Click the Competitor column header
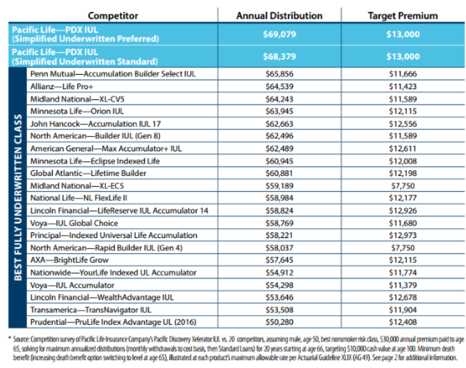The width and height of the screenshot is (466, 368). [x=113, y=16]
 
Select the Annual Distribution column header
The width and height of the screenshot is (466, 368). [x=279, y=16]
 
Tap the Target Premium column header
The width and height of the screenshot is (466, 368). [x=403, y=16]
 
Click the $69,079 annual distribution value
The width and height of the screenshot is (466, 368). [x=279, y=34]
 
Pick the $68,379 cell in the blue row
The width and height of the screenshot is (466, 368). [x=279, y=57]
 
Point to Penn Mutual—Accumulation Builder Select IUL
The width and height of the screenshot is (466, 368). [x=113, y=74]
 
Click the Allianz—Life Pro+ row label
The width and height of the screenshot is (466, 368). [x=62, y=87]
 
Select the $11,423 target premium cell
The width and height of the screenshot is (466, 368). [x=403, y=87]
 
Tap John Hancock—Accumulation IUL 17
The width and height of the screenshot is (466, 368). [x=96, y=124]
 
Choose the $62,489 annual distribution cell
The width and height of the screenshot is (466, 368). [x=279, y=148]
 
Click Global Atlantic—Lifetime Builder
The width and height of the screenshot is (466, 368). [x=88, y=173]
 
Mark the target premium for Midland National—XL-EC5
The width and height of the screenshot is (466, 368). [x=403, y=186]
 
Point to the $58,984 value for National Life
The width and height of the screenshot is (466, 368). [x=279, y=198]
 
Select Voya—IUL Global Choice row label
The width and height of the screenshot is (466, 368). [x=74, y=223]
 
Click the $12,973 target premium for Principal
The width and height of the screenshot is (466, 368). [x=403, y=235]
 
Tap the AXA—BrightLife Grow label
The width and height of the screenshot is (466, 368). [x=69, y=260]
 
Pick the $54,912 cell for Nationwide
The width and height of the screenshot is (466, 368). [x=279, y=273]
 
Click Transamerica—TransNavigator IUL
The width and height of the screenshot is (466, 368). [x=91, y=310]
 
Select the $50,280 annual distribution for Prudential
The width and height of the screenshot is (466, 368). [x=279, y=322]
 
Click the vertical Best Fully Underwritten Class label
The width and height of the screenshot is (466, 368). [x=18, y=198]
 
